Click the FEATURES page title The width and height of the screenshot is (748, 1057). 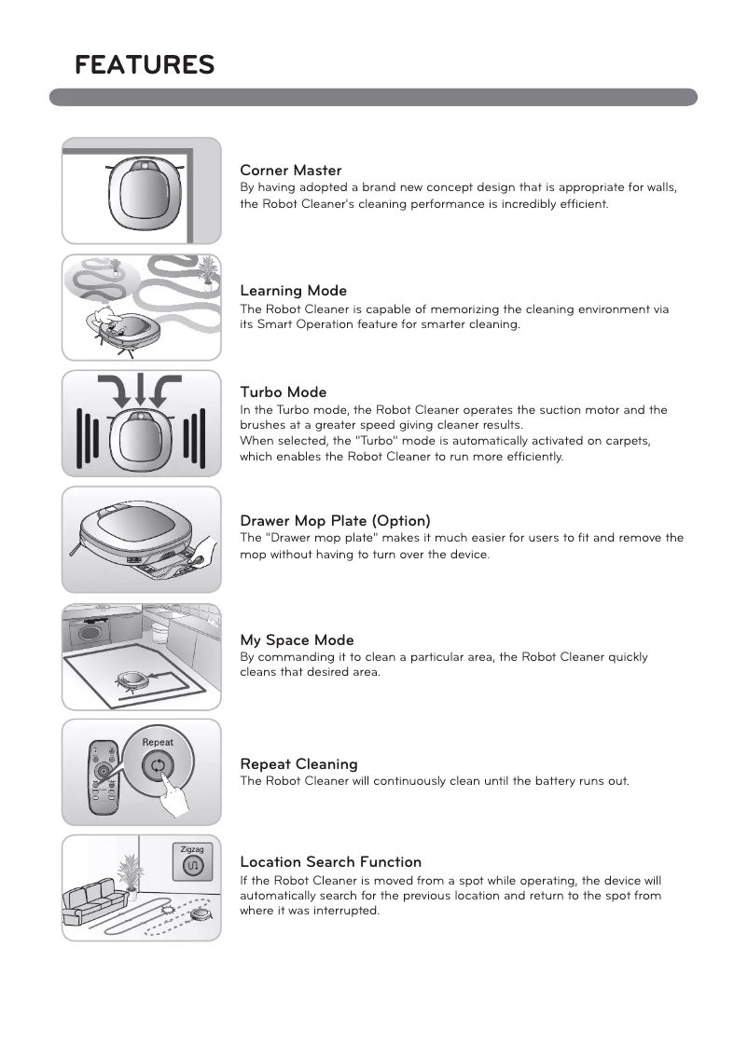(x=145, y=65)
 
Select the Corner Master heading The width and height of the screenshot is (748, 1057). (x=290, y=171)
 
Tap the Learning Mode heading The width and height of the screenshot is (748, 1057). (x=293, y=291)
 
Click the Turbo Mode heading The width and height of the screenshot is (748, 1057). (x=283, y=392)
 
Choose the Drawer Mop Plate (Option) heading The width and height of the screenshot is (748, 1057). (x=335, y=520)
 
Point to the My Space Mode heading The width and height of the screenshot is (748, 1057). (x=297, y=640)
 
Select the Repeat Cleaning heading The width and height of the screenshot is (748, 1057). (x=298, y=764)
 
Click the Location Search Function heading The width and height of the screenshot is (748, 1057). (x=330, y=862)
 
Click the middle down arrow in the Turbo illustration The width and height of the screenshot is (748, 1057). (x=141, y=391)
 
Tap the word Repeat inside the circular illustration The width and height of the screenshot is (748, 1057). (x=158, y=742)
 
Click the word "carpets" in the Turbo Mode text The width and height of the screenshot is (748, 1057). (x=628, y=440)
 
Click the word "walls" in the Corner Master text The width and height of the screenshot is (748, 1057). (x=659, y=187)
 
